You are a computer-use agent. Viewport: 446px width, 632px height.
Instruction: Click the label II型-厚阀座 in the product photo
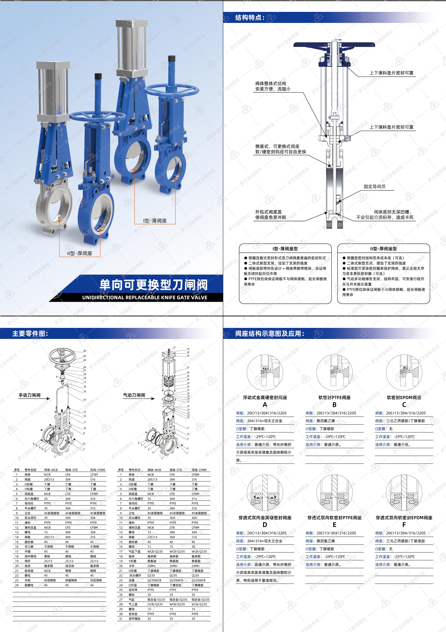80,253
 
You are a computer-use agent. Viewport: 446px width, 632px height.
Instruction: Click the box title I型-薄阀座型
285,249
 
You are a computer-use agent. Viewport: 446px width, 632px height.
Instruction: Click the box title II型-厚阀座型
383,249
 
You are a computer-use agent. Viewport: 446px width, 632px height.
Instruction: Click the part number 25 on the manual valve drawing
85,351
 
